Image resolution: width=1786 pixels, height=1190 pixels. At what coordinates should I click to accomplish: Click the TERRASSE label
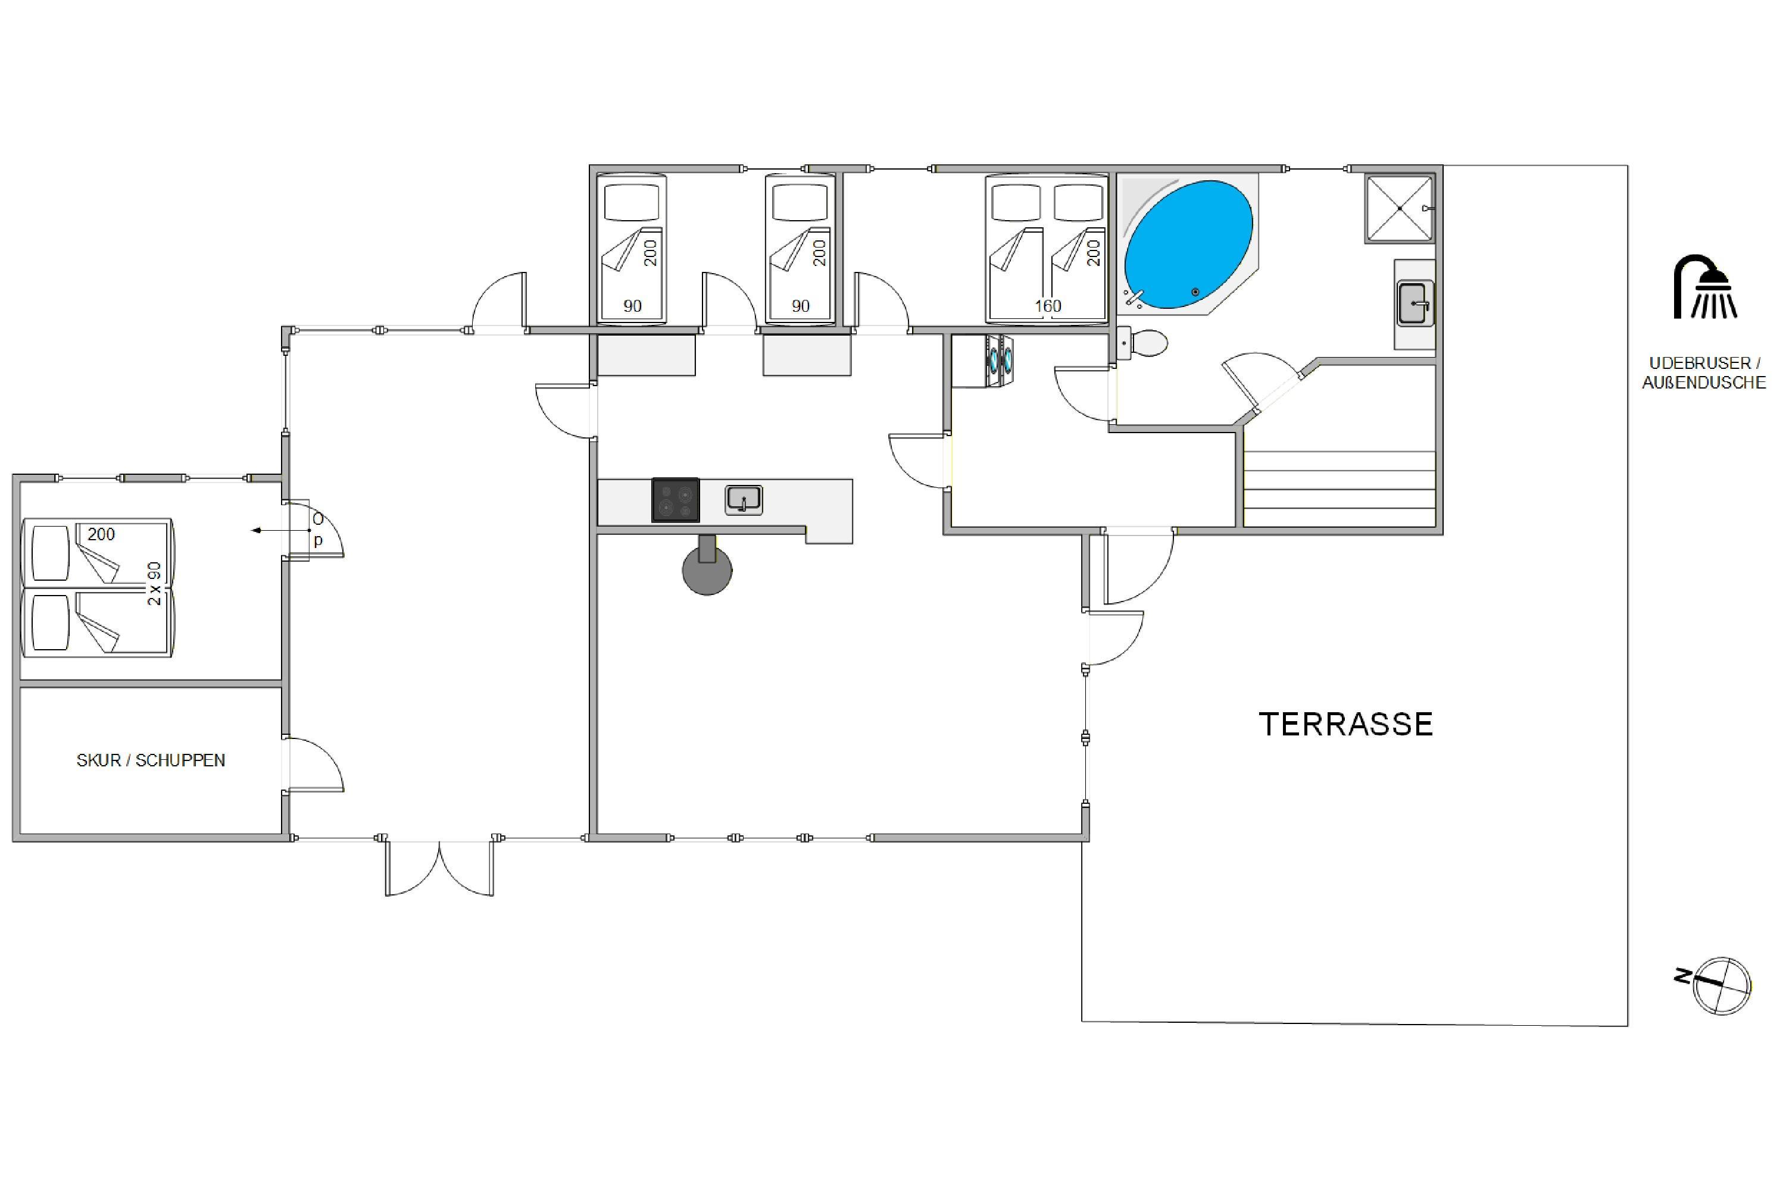pos(1345,724)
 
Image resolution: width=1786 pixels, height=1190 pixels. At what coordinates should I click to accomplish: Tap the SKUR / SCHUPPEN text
pos(151,760)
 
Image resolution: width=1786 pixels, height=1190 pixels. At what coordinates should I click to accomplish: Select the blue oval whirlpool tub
pos(1188,245)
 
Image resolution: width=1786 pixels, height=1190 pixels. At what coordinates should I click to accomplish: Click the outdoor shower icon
pos(1706,287)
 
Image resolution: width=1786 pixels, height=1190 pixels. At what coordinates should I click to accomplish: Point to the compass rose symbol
pos(1722,985)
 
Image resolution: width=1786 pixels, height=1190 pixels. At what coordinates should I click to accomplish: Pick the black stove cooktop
pos(675,499)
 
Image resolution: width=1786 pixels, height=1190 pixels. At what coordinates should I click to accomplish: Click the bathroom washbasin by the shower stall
pos(1415,303)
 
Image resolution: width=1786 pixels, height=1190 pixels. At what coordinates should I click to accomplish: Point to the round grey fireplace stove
pos(707,571)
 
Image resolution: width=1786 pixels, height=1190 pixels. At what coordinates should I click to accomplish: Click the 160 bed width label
pos(1048,306)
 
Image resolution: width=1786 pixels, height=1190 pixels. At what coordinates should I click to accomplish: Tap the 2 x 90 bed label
pos(154,583)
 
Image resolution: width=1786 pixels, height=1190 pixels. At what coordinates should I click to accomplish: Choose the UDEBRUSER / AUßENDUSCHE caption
pos(1704,372)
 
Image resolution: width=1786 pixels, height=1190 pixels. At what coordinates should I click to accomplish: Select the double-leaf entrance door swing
pos(440,868)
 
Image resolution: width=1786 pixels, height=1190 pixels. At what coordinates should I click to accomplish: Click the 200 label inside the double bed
pos(1094,253)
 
